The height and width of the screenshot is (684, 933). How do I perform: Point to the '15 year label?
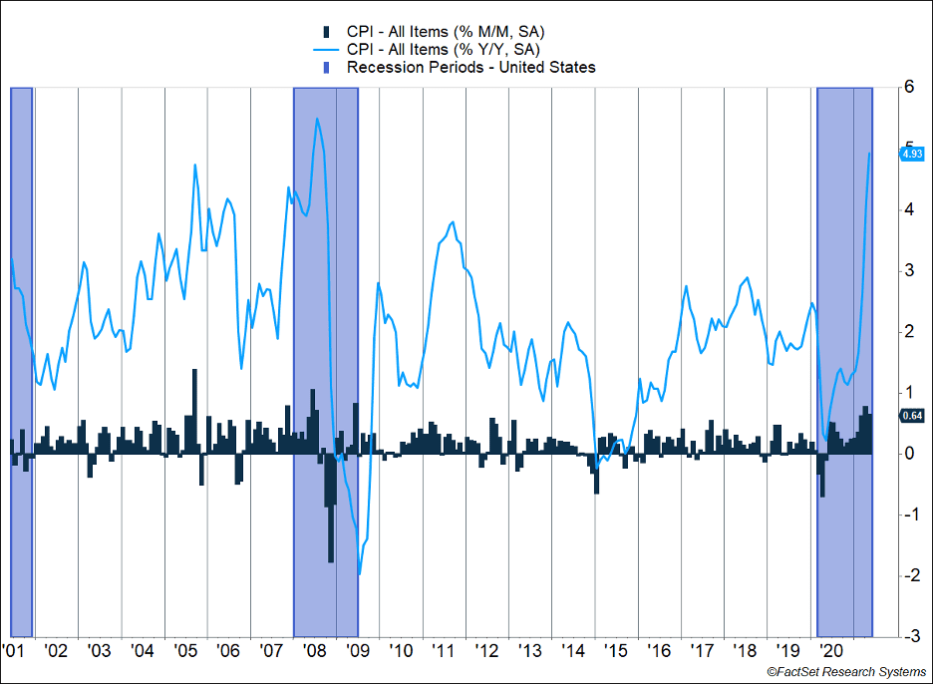pyautogui.click(x=616, y=651)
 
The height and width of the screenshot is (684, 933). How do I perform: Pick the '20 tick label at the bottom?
pyautogui.click(x=831, y=651)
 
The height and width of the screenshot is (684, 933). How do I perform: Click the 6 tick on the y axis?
pyautogui.click(x=909, y=88)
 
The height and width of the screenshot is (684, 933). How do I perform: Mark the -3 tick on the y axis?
pyautogui.click(x=909, y=636)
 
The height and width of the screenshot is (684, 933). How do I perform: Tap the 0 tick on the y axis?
pyautogui.click(x=909, y=454)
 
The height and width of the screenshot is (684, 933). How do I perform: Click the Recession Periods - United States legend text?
pyautogui.click(x=470, y=68)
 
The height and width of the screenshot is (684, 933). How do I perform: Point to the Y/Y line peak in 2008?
pyautogui.click(x=317, y=120)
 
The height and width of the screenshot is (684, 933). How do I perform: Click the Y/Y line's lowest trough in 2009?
pyautogui.click(x=359, y=574)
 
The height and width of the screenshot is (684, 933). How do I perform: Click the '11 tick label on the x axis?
pyautogui.click(x=445, y=651)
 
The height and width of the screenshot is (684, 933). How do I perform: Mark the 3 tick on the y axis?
pyautogui.click(x=909, y=271)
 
